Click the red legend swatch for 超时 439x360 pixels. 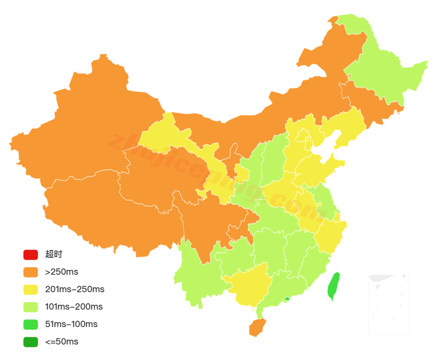click(30, 254)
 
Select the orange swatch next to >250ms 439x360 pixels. click(30, 272)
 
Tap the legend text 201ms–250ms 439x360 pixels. click(75, 289)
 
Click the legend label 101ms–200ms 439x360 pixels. click(74, 307)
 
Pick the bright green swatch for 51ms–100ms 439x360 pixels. click(30, 324)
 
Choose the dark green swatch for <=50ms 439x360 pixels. click(30, 342)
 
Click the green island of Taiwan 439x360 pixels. click(333, 286)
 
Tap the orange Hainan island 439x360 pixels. click(257, 327)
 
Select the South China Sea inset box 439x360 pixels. click(389, 304)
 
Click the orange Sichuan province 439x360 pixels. click(203, 223)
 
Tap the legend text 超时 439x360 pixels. click(54, 254)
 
